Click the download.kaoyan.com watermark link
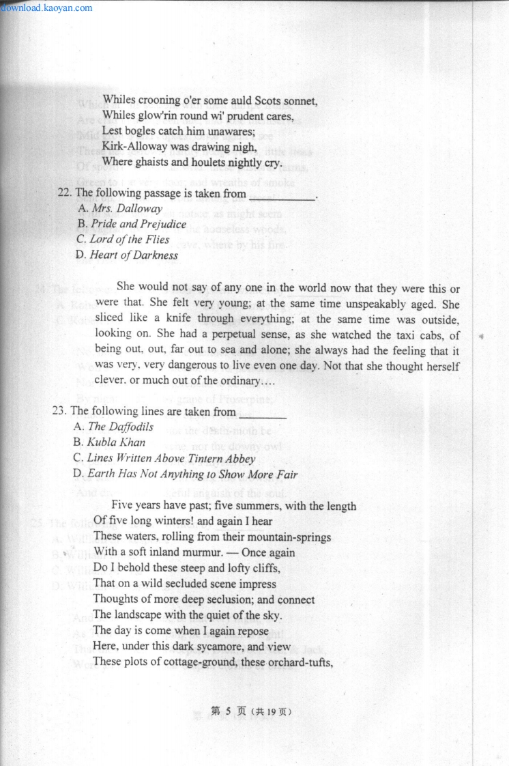point(46,8)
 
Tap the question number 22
point(64,194)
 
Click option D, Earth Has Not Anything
point(185,474)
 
